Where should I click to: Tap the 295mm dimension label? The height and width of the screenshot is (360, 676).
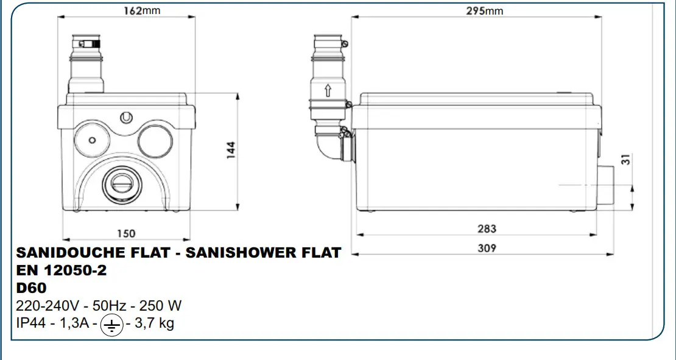[x=485, y=11]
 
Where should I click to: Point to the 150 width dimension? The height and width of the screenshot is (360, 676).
[x=126, y=233]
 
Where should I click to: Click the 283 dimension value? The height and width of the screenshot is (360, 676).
[x=487, y=228]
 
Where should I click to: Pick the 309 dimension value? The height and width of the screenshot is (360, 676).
[x=487, y=248]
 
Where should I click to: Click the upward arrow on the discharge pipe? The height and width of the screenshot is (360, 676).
[x=328, y=91]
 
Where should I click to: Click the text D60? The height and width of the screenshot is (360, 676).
[x=30, y=288]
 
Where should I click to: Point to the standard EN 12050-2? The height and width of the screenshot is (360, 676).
[x=62, y=270]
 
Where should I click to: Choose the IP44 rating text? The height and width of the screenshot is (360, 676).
[x=31, y=323]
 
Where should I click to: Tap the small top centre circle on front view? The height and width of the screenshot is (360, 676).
[x=127, y=116]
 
